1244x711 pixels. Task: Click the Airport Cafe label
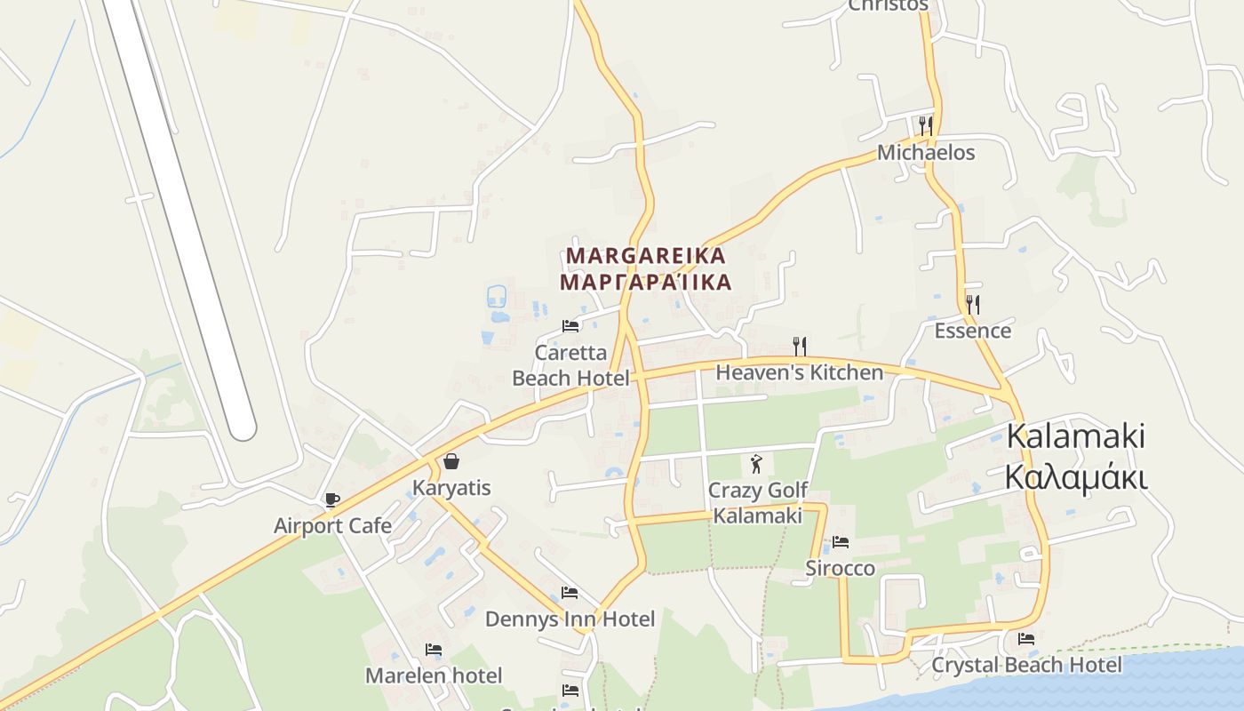click(x=332, y=525)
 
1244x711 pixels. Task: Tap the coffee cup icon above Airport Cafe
click(x=331, y=499)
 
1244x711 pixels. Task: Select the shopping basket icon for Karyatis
click(x=451, y=460)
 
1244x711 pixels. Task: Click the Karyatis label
click(x=451, y=488)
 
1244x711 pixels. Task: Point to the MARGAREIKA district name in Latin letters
click(x=646, y=255)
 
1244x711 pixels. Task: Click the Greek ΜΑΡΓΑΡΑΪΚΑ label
click(x=646, y=282)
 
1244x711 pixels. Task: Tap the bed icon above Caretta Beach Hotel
click(x=570, y=326)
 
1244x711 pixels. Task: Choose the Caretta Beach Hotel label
click(x=570, y=365)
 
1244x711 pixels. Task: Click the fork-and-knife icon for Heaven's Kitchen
click(x=800, y=346)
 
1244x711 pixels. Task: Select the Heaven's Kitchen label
click(x=800, y=372)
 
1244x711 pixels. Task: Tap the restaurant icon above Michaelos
click(x=926, y=125)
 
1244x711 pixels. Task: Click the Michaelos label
click(x=926, y=153)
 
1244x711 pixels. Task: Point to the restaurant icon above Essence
click(x=973, y=305)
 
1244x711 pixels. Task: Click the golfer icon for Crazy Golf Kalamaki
click(x=756, y=463)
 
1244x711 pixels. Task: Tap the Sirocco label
click(x=841, y=568)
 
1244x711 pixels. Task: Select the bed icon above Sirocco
click(x=841, y=541)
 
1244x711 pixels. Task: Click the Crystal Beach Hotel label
click(x=1026, y=665)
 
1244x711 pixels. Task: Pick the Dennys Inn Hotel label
click(x=570, y=619)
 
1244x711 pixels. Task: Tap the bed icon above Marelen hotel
click(x=434, y=650)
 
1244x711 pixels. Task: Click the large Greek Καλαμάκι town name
click(x=1076, y=476)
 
